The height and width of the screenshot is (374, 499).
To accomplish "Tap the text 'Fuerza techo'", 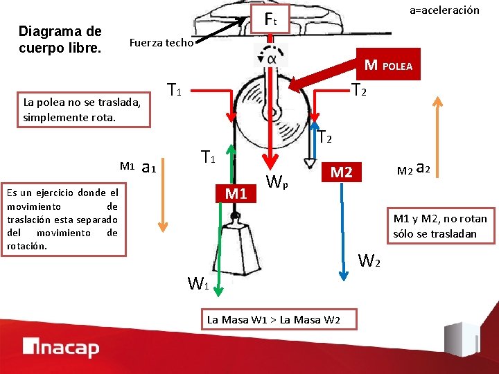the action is [161, 43].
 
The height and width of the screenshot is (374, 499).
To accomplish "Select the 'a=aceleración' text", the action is [444, 10].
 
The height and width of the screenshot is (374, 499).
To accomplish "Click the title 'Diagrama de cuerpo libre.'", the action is [60, 39].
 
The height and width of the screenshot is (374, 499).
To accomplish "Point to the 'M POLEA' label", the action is [388, 66].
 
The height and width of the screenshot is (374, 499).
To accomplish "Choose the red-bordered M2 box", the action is [341, 172].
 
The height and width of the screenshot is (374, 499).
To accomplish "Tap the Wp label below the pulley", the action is [278, 184].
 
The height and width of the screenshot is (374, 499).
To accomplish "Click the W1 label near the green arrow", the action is [199, 283].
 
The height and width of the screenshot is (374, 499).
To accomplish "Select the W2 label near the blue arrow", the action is [369, 261].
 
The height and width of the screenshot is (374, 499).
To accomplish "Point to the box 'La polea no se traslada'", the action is [82, 109].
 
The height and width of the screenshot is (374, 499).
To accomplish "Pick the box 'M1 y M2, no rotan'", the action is [439, 226].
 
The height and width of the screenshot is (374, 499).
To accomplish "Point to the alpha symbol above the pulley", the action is [271, 58].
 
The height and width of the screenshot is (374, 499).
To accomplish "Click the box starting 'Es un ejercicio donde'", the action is [63, 220].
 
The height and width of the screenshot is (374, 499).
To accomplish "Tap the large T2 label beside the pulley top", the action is [359, 90].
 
